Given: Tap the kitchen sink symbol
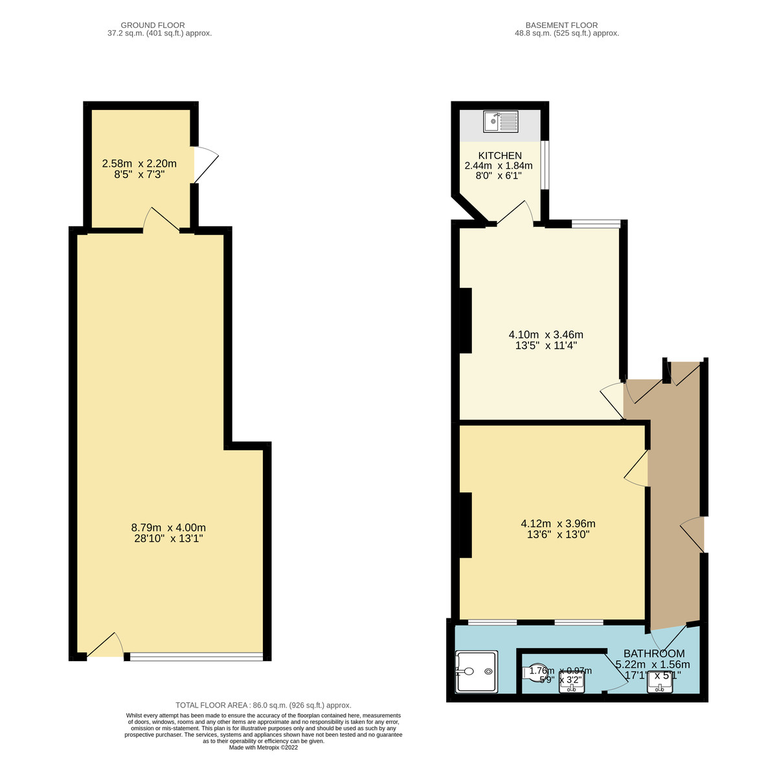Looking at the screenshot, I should pyautogui.click(x=501, y=122).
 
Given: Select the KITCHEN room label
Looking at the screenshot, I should pyautogui.click(x=500, y=156).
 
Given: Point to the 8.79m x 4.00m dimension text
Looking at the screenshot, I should pyautogui.click(x=168, y=532).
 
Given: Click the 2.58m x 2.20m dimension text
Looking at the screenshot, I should pyautogui.click(x=139, y=169).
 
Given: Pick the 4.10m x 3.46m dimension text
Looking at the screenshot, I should pyautogui.click(x=546, y=340).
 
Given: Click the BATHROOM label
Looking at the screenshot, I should pyautogui.click(x=654, y=653).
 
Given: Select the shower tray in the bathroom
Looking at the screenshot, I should pyautogui.click(x=477, y=672).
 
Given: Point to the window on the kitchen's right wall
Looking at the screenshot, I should pyautogui.click(x=545, y=165).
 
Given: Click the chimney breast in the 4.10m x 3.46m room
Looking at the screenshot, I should pyautogui.click(x=465, y=320).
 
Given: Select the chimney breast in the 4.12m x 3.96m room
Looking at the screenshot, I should pyautogui.click(x=465, y=525).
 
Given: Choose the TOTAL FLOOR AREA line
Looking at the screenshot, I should pyautogui.click(x=264, y=705).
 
